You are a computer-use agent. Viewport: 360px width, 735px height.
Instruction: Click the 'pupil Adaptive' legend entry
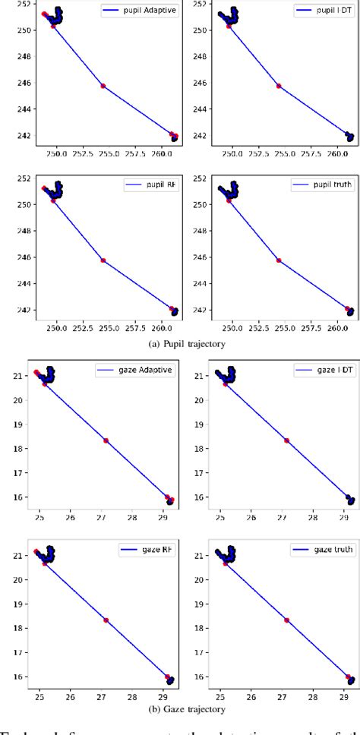pos(144,12)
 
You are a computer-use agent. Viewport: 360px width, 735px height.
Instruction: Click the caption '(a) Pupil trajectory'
pos(180,344)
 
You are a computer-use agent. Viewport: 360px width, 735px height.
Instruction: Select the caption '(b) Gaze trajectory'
pos(180,709)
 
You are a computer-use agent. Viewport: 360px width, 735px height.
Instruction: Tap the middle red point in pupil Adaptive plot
pos(103,86)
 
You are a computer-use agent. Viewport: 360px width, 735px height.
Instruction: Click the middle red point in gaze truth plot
pos(286,620)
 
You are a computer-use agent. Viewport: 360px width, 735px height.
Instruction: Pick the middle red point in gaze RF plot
pos(106,620)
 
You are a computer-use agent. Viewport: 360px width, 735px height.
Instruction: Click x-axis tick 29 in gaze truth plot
pos(343,695)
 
